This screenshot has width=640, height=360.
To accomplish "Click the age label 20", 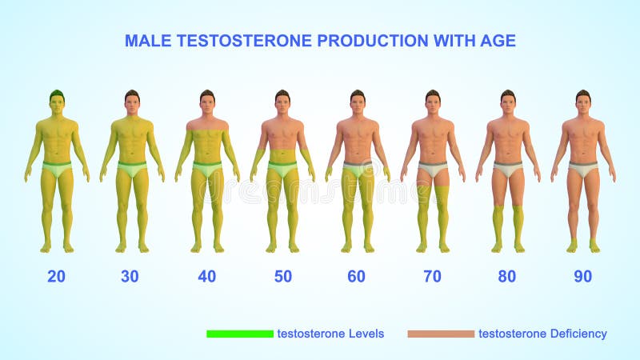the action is point(56,276).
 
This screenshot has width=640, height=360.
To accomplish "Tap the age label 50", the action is point(283,276).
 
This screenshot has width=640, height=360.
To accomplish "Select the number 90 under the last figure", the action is point(583,276).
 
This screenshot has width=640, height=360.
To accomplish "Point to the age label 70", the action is point(432,276).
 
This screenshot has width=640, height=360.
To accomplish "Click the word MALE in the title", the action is point(148,41).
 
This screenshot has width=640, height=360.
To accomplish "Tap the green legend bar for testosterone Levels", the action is point(240,334).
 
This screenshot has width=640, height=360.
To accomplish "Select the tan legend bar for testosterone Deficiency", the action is point(441,334).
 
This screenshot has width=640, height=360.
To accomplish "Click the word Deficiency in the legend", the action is point(578,334).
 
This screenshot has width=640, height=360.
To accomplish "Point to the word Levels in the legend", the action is point(366,334).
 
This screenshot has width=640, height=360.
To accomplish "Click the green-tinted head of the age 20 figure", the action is point(57,102).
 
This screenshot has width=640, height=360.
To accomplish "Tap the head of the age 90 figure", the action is point(583,102).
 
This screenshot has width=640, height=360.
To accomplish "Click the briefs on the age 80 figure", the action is point(508,169).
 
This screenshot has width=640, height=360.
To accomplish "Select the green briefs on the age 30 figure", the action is point(132,169).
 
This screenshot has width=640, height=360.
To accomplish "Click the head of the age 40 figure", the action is point(207,102).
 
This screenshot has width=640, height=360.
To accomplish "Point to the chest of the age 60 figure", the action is point(358,133).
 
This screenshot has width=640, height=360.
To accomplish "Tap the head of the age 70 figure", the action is point(433,102).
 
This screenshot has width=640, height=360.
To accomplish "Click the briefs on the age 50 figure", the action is point(282,169).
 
